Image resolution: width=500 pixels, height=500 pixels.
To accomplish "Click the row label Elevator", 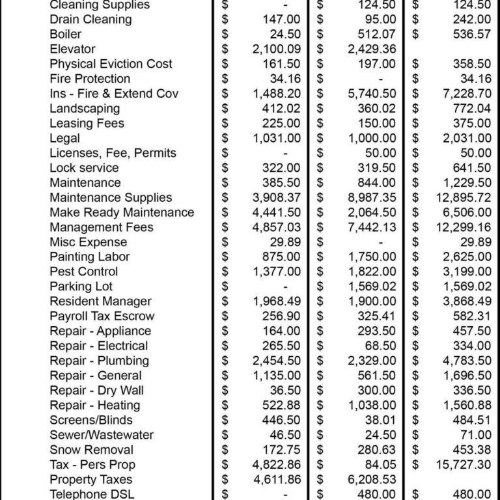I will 72,49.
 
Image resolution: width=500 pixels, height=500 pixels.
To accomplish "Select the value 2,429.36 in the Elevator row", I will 371,49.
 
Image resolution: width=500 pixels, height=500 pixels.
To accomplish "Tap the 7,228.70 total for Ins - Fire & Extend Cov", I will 464,94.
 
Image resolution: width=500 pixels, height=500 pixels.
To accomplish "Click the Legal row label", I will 64,138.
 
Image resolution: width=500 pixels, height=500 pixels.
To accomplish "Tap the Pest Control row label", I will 83,271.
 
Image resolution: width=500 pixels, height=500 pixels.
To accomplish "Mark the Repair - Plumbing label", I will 99,361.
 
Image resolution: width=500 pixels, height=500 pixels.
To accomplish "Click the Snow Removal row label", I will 91,450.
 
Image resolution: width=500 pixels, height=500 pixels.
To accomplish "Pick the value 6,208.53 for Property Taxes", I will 371,480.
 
